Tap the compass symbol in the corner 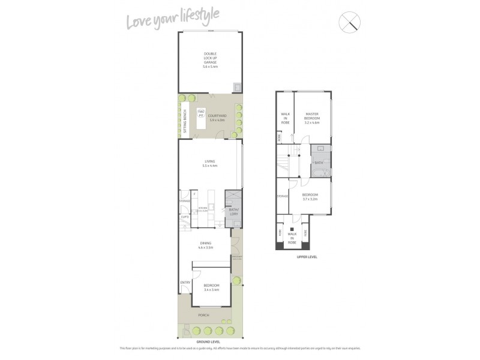point(350,22)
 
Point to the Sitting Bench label point(185,122)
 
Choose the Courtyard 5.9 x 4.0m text point(217,118)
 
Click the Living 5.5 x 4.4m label point(210,163)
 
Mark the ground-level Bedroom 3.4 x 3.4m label point(211,287)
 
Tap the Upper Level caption point(307,257)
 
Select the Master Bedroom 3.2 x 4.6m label point(312,116)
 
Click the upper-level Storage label point(282,196)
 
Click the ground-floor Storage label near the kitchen point(185,201)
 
